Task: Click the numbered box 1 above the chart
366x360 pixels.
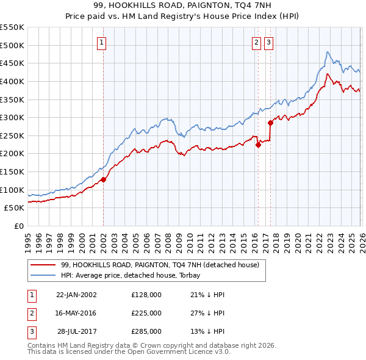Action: pyautogui.click(x=101, y=42)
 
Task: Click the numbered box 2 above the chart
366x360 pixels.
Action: pyautogui.click(x=256, y=42)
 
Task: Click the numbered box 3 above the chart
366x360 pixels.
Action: pyautogui.click(x=268, y=42)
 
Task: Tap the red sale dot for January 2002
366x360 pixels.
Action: pyautogui.click(x=104, y=179)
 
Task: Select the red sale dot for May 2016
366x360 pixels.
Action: pyautogui.click(x=258, y=145)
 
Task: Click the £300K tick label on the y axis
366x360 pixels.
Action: pyautogui.click(x=12, y=117)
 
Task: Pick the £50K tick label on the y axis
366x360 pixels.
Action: pyautogui.click(x=14, y=207)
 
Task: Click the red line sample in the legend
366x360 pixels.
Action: pyautogui.click(x=44, y=265)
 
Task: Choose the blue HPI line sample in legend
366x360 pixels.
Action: pyautogui.click(x=44, y=275)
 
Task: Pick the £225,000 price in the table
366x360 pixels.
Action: pyautogui.click(x=146, y=313)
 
